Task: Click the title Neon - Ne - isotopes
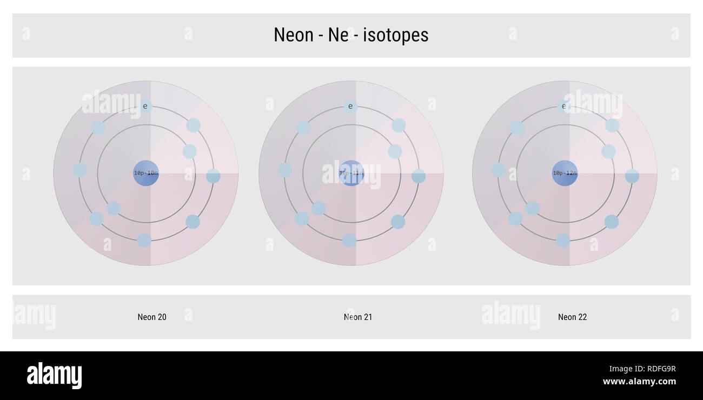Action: [x=351, y=35]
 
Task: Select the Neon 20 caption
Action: [x=152, y=317]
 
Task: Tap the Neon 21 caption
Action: [x=358, y=317]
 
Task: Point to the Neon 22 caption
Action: [x=572, y=317]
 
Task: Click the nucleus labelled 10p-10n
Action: [x=146, y=173]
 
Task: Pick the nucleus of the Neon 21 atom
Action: [x=351, y=173]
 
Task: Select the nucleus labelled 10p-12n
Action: [x=565, y=173]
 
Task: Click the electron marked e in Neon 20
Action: [x=145, y=106]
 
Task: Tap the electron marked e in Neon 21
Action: [x=350, y=106]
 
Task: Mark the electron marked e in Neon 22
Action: [x=564, y=106]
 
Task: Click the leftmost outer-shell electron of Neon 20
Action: [x=80, y=170]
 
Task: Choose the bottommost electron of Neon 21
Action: [x=349, y=240]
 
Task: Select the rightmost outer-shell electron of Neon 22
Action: [x=632, y=176]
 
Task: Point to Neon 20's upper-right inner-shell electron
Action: [x=189, y=151]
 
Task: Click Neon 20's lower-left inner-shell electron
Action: [x=114, y=208]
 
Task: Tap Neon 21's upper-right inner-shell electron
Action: [x=395, y=151]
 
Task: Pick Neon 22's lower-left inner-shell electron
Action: [x=532, y=208]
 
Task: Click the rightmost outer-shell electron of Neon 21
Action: [x=419, y=176]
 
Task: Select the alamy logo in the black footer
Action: [x=54, y=376]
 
